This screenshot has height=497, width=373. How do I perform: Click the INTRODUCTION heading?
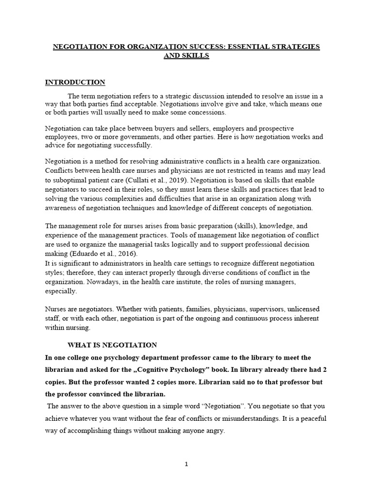pyautogui.click(x=75, y=83)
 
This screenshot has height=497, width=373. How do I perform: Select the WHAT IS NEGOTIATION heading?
pyautogui.click(x=112, y=345)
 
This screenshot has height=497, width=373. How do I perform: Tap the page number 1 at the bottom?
pyautogui.click(x=186, y=464)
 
